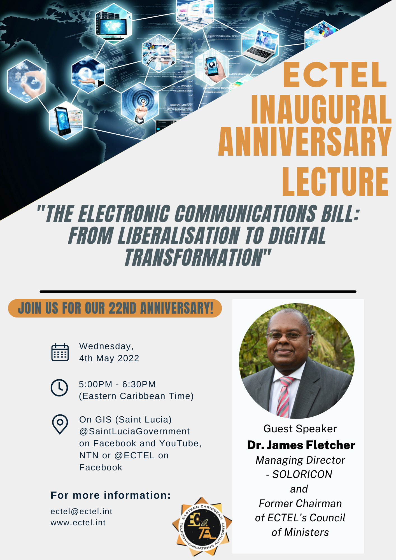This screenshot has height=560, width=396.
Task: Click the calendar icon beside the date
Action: tap(60, 352)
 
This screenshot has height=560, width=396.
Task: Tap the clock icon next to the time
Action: tap(59, 388)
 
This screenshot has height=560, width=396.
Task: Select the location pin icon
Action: tap(60, 424)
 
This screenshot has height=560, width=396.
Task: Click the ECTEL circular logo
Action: tap(202, 527)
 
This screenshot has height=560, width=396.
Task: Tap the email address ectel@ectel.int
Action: tap(81, 512)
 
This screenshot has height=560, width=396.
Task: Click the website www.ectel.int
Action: tap(78, 523)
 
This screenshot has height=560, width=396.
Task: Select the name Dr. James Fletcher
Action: tap(301, 445)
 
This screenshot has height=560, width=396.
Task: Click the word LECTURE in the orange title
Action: tap(335, 181)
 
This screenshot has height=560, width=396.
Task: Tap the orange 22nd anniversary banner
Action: tap(115, 308)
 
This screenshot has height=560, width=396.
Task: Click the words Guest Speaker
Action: tap(300, 429)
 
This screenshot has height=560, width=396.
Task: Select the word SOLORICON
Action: tap(302, 474)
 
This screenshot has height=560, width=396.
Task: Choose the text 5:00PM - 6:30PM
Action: tap(117, 384)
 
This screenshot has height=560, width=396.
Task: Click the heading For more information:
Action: tap(111, 495)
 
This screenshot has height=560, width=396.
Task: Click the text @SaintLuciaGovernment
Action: tap(134, 431)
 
